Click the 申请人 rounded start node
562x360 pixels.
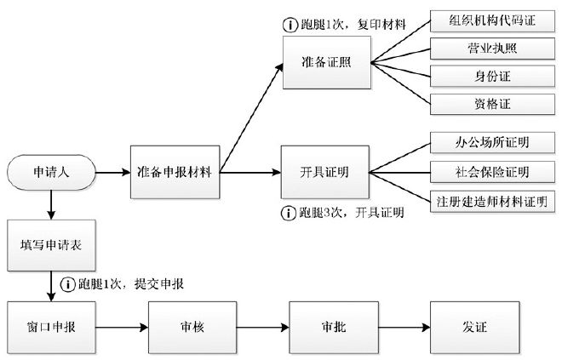50,171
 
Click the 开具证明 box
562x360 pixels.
325,171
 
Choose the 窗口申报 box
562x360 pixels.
50,326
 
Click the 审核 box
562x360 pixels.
190,326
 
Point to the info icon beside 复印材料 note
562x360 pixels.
288,24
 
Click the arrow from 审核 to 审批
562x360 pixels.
260,326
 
